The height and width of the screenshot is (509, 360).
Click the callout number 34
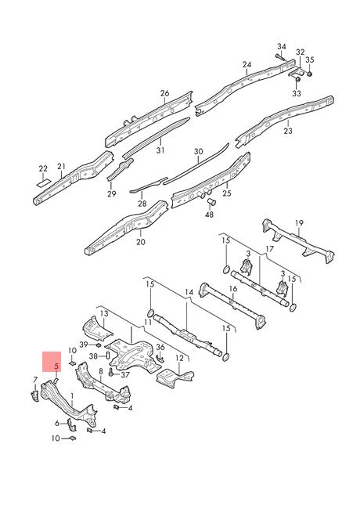click(x=282, y=47)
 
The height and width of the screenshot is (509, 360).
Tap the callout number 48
click(x=209, y=215)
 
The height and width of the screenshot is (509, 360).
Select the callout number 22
click(x=43, y=169)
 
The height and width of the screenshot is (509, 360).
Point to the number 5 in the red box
click(x=56, y=366)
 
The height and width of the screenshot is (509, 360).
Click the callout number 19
click(x=299, y=223)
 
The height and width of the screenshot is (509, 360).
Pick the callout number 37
click(x=125, y=375)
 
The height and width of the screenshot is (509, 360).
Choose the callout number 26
click(x=165, y=93)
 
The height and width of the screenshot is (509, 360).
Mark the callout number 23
click(x=288, y=131)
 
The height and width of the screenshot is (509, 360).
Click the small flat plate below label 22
click(x=43, y=182)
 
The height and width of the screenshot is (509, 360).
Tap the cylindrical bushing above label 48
click(x=211, y=201)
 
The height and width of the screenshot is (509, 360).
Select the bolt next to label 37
click(x=113, y=373)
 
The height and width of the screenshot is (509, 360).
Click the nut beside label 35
click(x=310, y=74)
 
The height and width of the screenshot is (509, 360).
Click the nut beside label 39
click(x=99, y=345)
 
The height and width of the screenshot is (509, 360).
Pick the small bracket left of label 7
click(x=34, y=396)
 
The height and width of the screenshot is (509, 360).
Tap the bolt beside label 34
click(x=280, y=57)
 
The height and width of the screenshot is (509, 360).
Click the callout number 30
click(x=199, y=152)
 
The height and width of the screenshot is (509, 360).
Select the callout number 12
click(x=179, y=359)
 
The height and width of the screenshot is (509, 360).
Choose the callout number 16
click(x=233, y=289)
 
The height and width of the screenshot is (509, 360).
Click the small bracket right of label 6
click(x=71, y=424)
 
